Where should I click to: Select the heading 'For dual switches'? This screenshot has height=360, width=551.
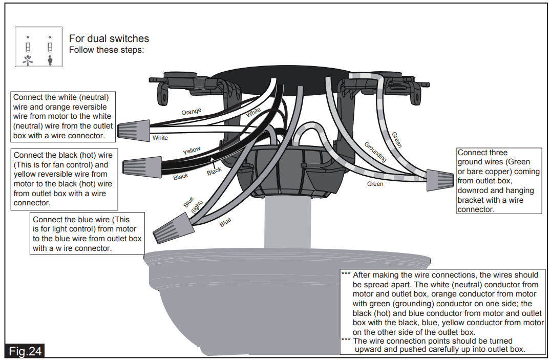tap(109, 39)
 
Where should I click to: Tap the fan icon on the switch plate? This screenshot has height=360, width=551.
tap(28, 60)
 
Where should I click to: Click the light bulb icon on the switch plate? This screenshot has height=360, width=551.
tap(50, 60)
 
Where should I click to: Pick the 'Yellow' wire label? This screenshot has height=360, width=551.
tap(192, 151)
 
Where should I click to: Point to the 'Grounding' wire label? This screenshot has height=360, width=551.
tap(375, 152)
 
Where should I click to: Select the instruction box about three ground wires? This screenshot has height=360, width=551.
tap(498, 181)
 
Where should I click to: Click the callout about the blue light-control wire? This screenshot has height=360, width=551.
tap(87, 234)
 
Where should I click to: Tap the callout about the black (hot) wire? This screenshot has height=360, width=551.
tap(64, 179)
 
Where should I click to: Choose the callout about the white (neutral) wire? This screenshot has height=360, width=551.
tap(63, 116)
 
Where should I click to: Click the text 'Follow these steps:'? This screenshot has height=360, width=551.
tap(107, 50)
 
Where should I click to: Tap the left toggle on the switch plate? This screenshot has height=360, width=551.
tap(28, 48)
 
